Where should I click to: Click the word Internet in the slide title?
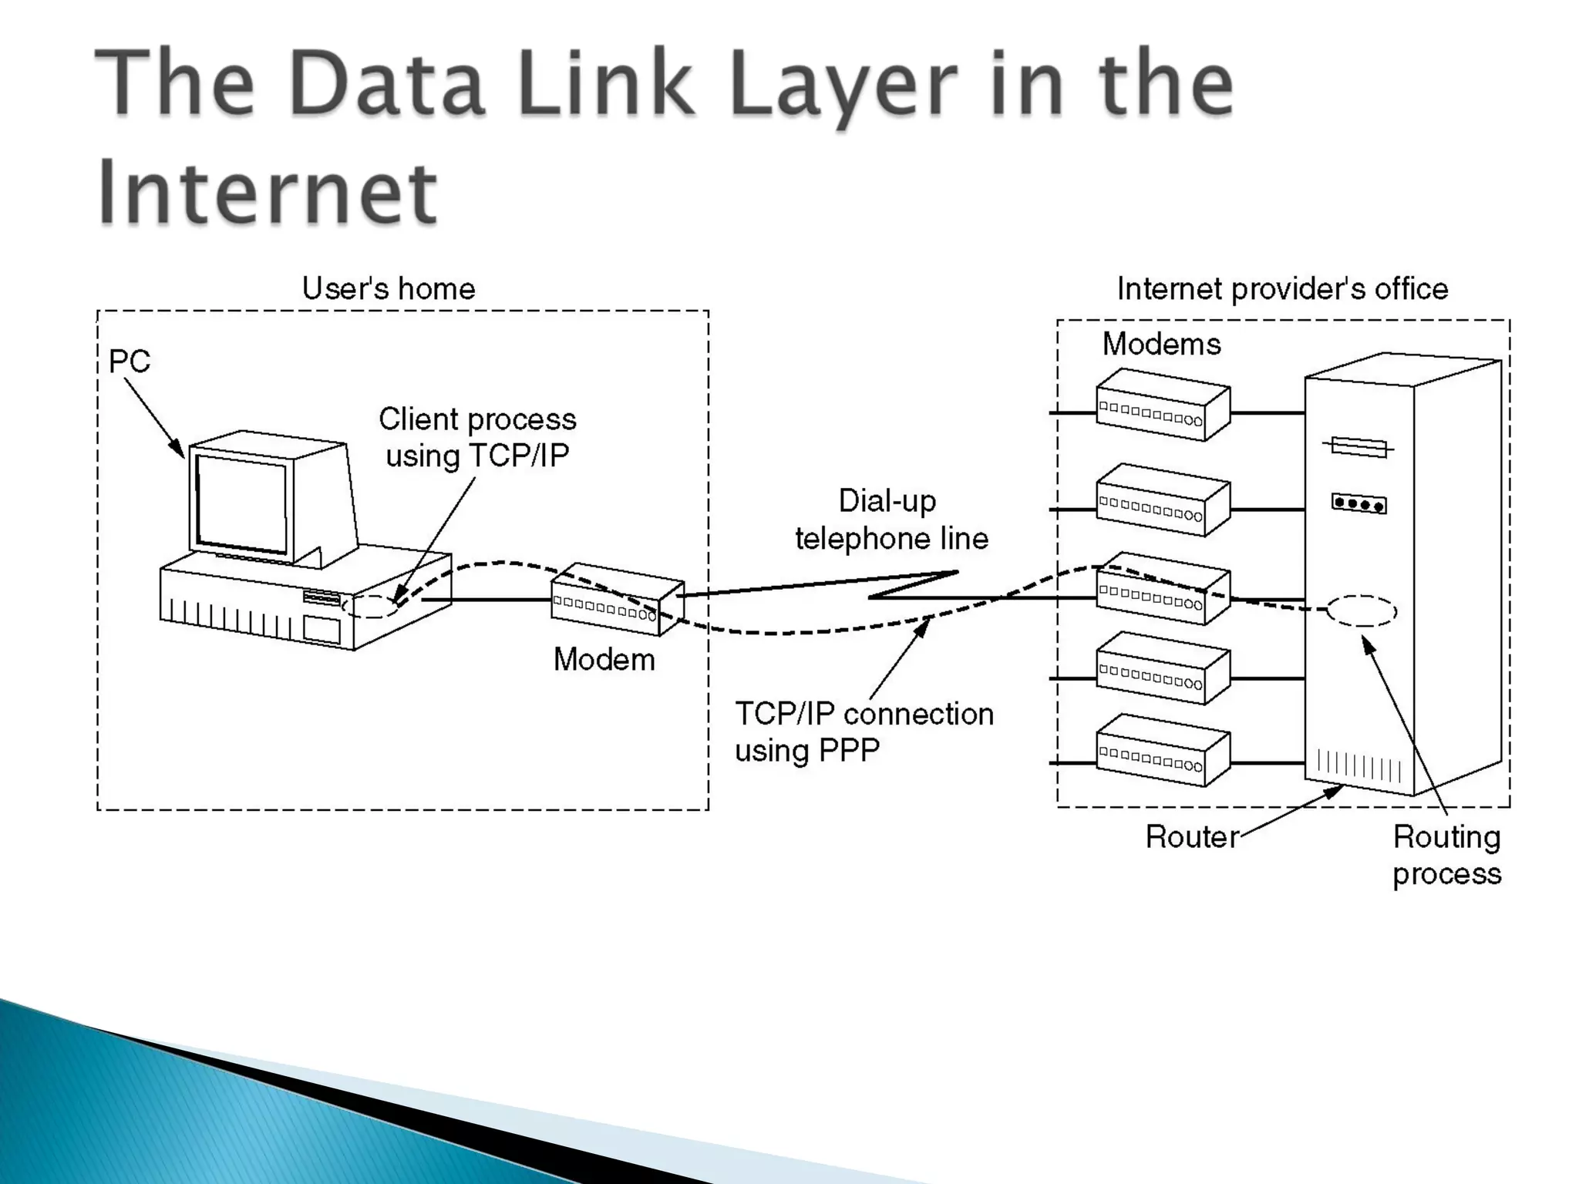[268, 190]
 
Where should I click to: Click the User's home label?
[388, 289]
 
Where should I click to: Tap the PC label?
[129, 362]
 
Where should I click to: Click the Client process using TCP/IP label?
[477, 437]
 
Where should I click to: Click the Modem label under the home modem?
[604, 660]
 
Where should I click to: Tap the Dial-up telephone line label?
[891, 520]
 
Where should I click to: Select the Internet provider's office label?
[1282, 289]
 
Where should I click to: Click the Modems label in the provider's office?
[1161, 344]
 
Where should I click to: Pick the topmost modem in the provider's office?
[1162, 405]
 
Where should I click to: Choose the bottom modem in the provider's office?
[1162, 750]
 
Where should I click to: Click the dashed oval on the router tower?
[1362, 610]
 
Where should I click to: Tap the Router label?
[1191, 837]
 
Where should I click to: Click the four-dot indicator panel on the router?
[1358, 504]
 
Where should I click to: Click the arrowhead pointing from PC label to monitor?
[178, 449]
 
